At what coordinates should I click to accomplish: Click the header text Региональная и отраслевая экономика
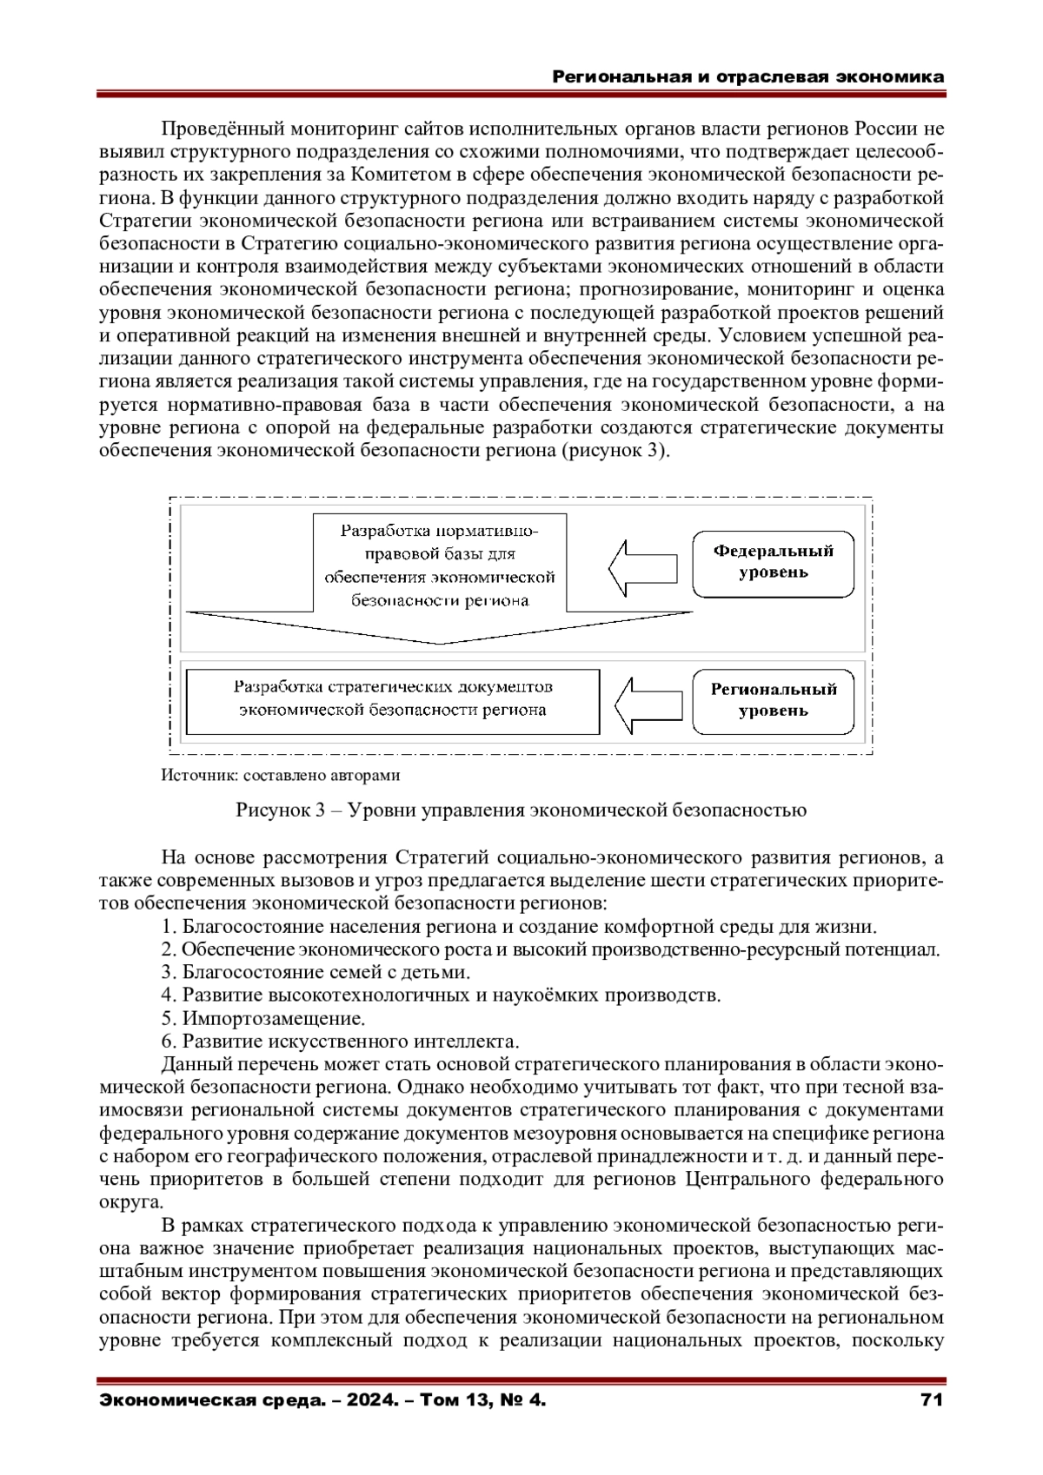pos(748,76)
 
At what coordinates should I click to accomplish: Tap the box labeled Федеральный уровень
pos(773,562)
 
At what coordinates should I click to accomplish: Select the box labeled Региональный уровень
pos(773,700)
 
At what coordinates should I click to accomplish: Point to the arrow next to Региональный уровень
pos(650,703)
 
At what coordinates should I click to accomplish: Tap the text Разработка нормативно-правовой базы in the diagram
pos(439,565)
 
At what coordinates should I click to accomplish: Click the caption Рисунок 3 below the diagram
pos(521,810)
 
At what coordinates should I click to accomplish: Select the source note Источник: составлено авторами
pos(281,775)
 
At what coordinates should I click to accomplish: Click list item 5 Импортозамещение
pos(263,1018)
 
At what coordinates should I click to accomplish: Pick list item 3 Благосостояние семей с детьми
pos(316,972)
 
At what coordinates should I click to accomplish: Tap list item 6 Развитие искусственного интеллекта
pos(340,1041)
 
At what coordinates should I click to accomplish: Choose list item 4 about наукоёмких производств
pos(441,995)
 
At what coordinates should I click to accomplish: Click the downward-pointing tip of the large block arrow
pos(442,642)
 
